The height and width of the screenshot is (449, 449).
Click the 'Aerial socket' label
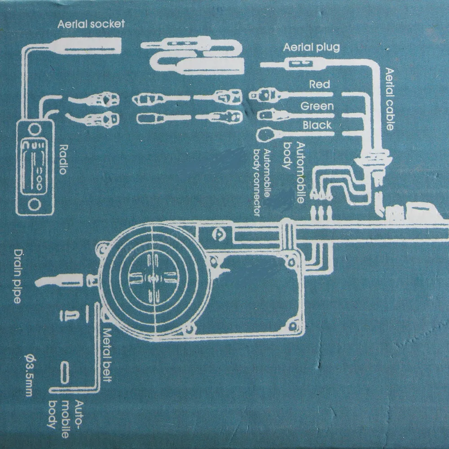point(91,24)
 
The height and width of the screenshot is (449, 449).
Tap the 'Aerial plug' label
point(311,47)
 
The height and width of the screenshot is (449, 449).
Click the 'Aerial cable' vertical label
point(389,99)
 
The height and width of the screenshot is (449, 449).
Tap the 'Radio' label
point(63,159)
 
